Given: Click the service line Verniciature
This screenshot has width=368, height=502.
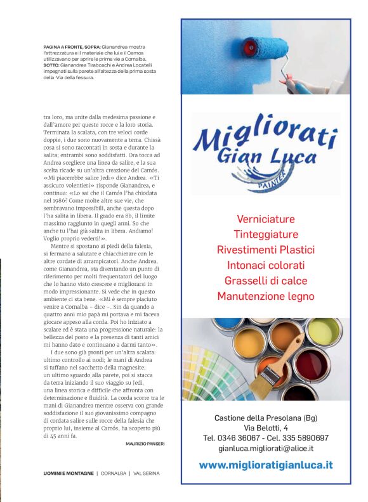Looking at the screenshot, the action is [265, 219].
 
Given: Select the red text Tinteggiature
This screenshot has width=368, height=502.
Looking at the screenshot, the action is [265, 234].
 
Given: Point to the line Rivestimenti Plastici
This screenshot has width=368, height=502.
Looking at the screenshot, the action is [265, 249].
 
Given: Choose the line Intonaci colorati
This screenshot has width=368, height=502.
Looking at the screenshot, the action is [265, 265].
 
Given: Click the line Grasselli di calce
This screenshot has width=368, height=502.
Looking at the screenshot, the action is [265, 280].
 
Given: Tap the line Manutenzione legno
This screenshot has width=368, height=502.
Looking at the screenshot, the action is [265, 296].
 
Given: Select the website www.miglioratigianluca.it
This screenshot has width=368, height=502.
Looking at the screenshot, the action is [265, 465].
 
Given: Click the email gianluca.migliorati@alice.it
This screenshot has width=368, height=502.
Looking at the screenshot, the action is [265, 447].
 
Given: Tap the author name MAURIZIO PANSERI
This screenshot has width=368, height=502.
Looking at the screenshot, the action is [145, 444].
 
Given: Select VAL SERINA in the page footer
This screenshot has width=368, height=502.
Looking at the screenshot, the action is [146, 473].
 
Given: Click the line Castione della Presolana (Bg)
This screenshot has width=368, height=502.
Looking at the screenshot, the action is [265, 418].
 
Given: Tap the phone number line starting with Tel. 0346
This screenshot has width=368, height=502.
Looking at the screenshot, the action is [265, 438].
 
